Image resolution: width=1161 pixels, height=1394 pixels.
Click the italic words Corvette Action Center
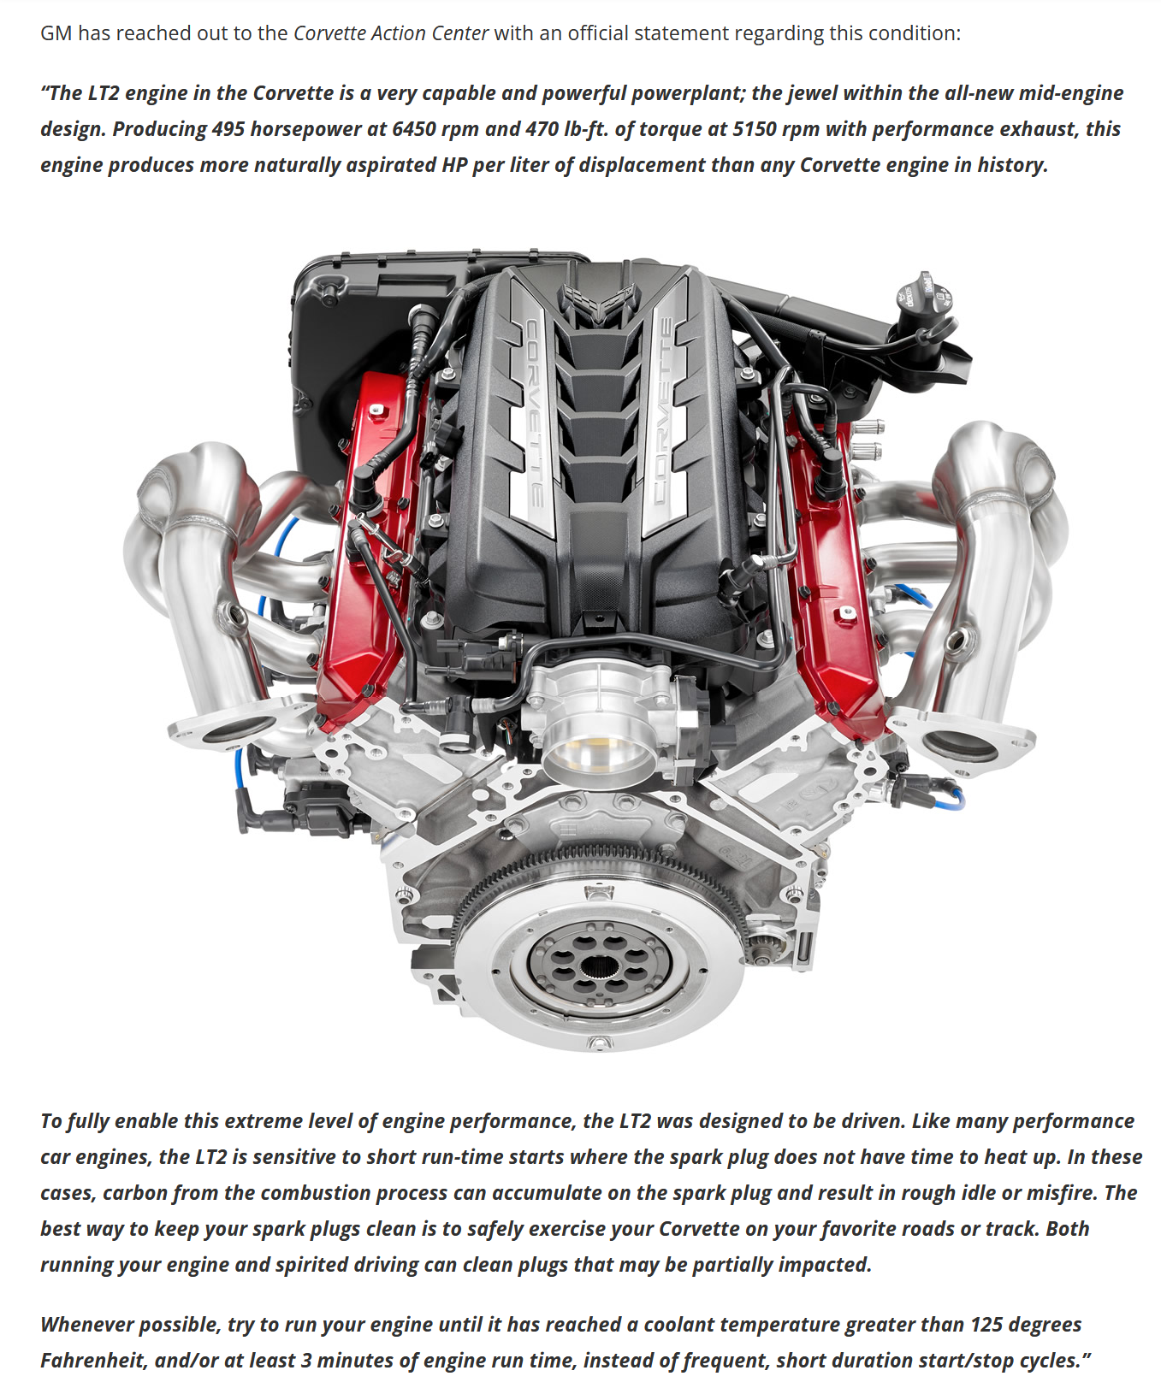coord(391,33)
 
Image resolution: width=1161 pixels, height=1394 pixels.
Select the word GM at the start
coord(56,33)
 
